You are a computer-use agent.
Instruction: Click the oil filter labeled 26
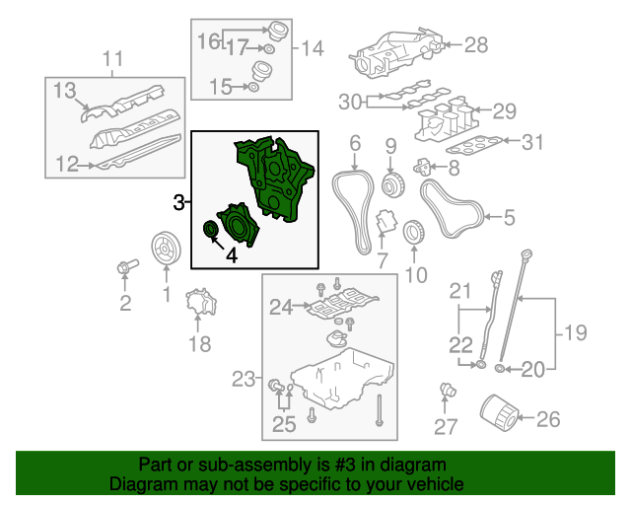click(499, 414)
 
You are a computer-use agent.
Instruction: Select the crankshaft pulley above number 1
click(166, 249)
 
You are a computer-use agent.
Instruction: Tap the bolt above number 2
click(127, 266)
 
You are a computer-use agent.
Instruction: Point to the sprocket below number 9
click(392, 184)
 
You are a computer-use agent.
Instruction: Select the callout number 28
click(476, 44)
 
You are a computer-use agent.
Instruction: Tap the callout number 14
click(313, 48)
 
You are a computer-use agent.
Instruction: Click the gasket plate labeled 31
click(474, 145)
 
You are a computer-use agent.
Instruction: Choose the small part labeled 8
click(422, 167)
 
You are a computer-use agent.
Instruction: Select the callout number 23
click(244, 379)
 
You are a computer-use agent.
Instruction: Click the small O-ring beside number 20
click(500, 369)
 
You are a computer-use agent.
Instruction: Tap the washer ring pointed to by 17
click(269, 49)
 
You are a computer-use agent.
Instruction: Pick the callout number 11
click(112, 58)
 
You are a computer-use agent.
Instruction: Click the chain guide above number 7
click(386, 222)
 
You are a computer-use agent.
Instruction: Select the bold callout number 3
click(179, 202)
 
